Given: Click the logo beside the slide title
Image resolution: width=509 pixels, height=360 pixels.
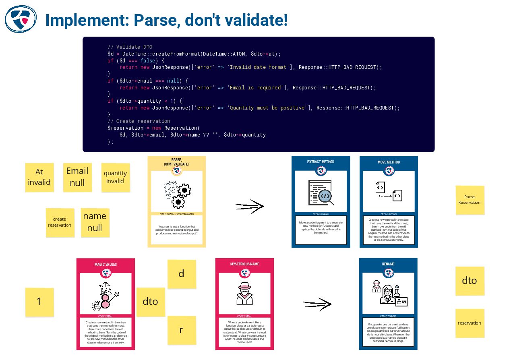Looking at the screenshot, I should click(21, 19).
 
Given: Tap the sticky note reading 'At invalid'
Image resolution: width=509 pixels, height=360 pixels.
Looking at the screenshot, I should click(39, 177).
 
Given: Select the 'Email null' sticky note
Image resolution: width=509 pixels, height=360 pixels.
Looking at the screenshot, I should click(77, 177).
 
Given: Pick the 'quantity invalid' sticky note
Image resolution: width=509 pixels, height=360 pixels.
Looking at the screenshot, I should click(116, 177).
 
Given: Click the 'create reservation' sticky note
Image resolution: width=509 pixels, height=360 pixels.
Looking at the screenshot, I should click(60, 222).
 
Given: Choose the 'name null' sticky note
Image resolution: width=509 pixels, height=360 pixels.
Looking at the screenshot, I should click(95, 222).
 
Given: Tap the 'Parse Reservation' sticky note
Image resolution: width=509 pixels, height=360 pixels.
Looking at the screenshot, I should click(470, 200).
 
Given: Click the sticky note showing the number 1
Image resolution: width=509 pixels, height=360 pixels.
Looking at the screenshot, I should click(39, 302).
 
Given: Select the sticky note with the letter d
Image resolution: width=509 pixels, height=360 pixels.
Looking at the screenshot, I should click(181, 274).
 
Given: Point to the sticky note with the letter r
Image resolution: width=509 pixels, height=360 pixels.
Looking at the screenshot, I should click(181, 330).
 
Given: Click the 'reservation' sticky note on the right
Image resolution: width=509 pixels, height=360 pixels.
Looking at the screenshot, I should click(470, 323).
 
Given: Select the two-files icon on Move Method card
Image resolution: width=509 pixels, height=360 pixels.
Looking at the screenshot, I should click(389, 192).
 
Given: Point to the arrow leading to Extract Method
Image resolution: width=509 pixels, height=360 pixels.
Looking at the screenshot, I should click(249, 206).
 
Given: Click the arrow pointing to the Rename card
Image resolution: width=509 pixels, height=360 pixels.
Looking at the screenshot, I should click(317, 304).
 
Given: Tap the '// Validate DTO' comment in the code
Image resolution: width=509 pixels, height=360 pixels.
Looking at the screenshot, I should click(130, 47).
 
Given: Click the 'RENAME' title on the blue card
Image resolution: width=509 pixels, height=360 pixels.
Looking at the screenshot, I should click(388, 264).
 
